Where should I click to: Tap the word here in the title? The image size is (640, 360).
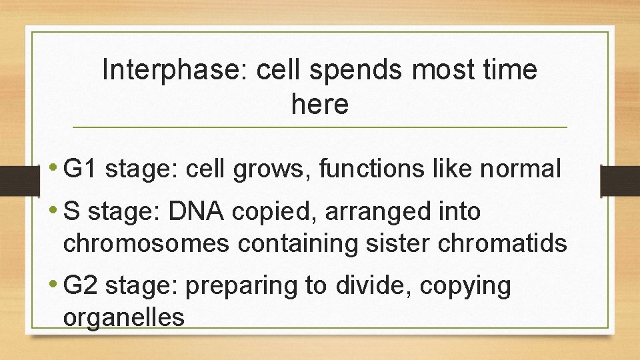coord(319,104)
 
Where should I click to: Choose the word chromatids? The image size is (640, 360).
coord(503,243)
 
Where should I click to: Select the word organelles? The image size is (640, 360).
coord(123,317)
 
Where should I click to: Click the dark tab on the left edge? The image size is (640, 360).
coord(12,181)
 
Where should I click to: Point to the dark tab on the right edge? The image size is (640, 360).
coord(620,181)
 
